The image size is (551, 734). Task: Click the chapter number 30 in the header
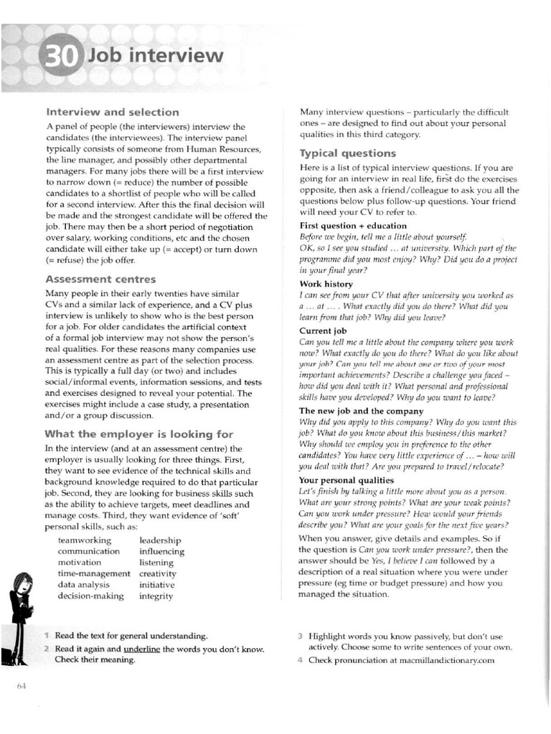click(x=60, y=58)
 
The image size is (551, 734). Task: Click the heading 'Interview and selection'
click(x=113, y=112)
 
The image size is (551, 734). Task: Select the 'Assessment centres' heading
click(x=100, y=279)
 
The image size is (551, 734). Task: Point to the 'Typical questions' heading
click(x=347, y=153)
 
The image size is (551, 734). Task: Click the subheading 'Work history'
click(x=326, y=284)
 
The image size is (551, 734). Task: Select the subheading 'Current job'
click(x=323, y=330)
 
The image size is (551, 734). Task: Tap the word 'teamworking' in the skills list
click(x=85, y=540)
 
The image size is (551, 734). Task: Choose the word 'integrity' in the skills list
click(x=156, y=596)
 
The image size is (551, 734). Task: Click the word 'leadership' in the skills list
click(x=159, y=540)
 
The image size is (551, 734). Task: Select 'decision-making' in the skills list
click(x=91, y=596)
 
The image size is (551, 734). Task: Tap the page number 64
click(x=22, y=687)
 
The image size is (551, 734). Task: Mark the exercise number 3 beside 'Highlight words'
click(x=302, y=636)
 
